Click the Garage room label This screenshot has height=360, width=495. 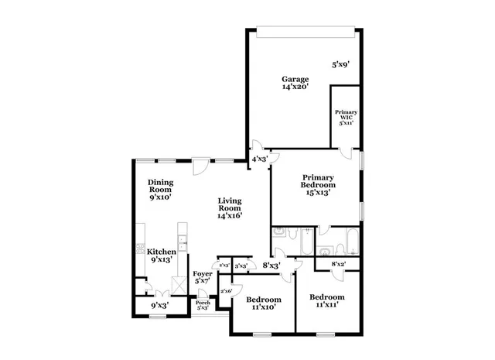pyautogui.click(x=295, y=84)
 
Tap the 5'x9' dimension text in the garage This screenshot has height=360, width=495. pyautogui.click(x=341, y=65)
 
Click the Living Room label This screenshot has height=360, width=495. pyautogui.click(x=229, y=207)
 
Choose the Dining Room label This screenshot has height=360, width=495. pyautogui.click(x=160, y=190)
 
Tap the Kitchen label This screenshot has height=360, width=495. pyautogui.click(x=162, y=255)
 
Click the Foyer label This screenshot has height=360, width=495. pyautogui.click(x=203, y=277)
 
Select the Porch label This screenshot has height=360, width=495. pyautogui.click(x=203, y=305)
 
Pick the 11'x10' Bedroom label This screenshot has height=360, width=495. pyautogui.click(x=263, y=303)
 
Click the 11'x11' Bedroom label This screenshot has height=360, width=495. pyautogui.click(x=326, y=301)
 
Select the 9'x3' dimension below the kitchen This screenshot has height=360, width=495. pyautogui.click(x=159, y=305)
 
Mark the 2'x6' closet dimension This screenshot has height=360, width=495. pyautogui.click(x=227, y=291)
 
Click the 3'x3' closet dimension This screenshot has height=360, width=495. pyautogui.click(x=241, y=266)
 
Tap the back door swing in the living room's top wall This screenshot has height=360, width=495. pyautogui.click(x=200, y=165)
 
